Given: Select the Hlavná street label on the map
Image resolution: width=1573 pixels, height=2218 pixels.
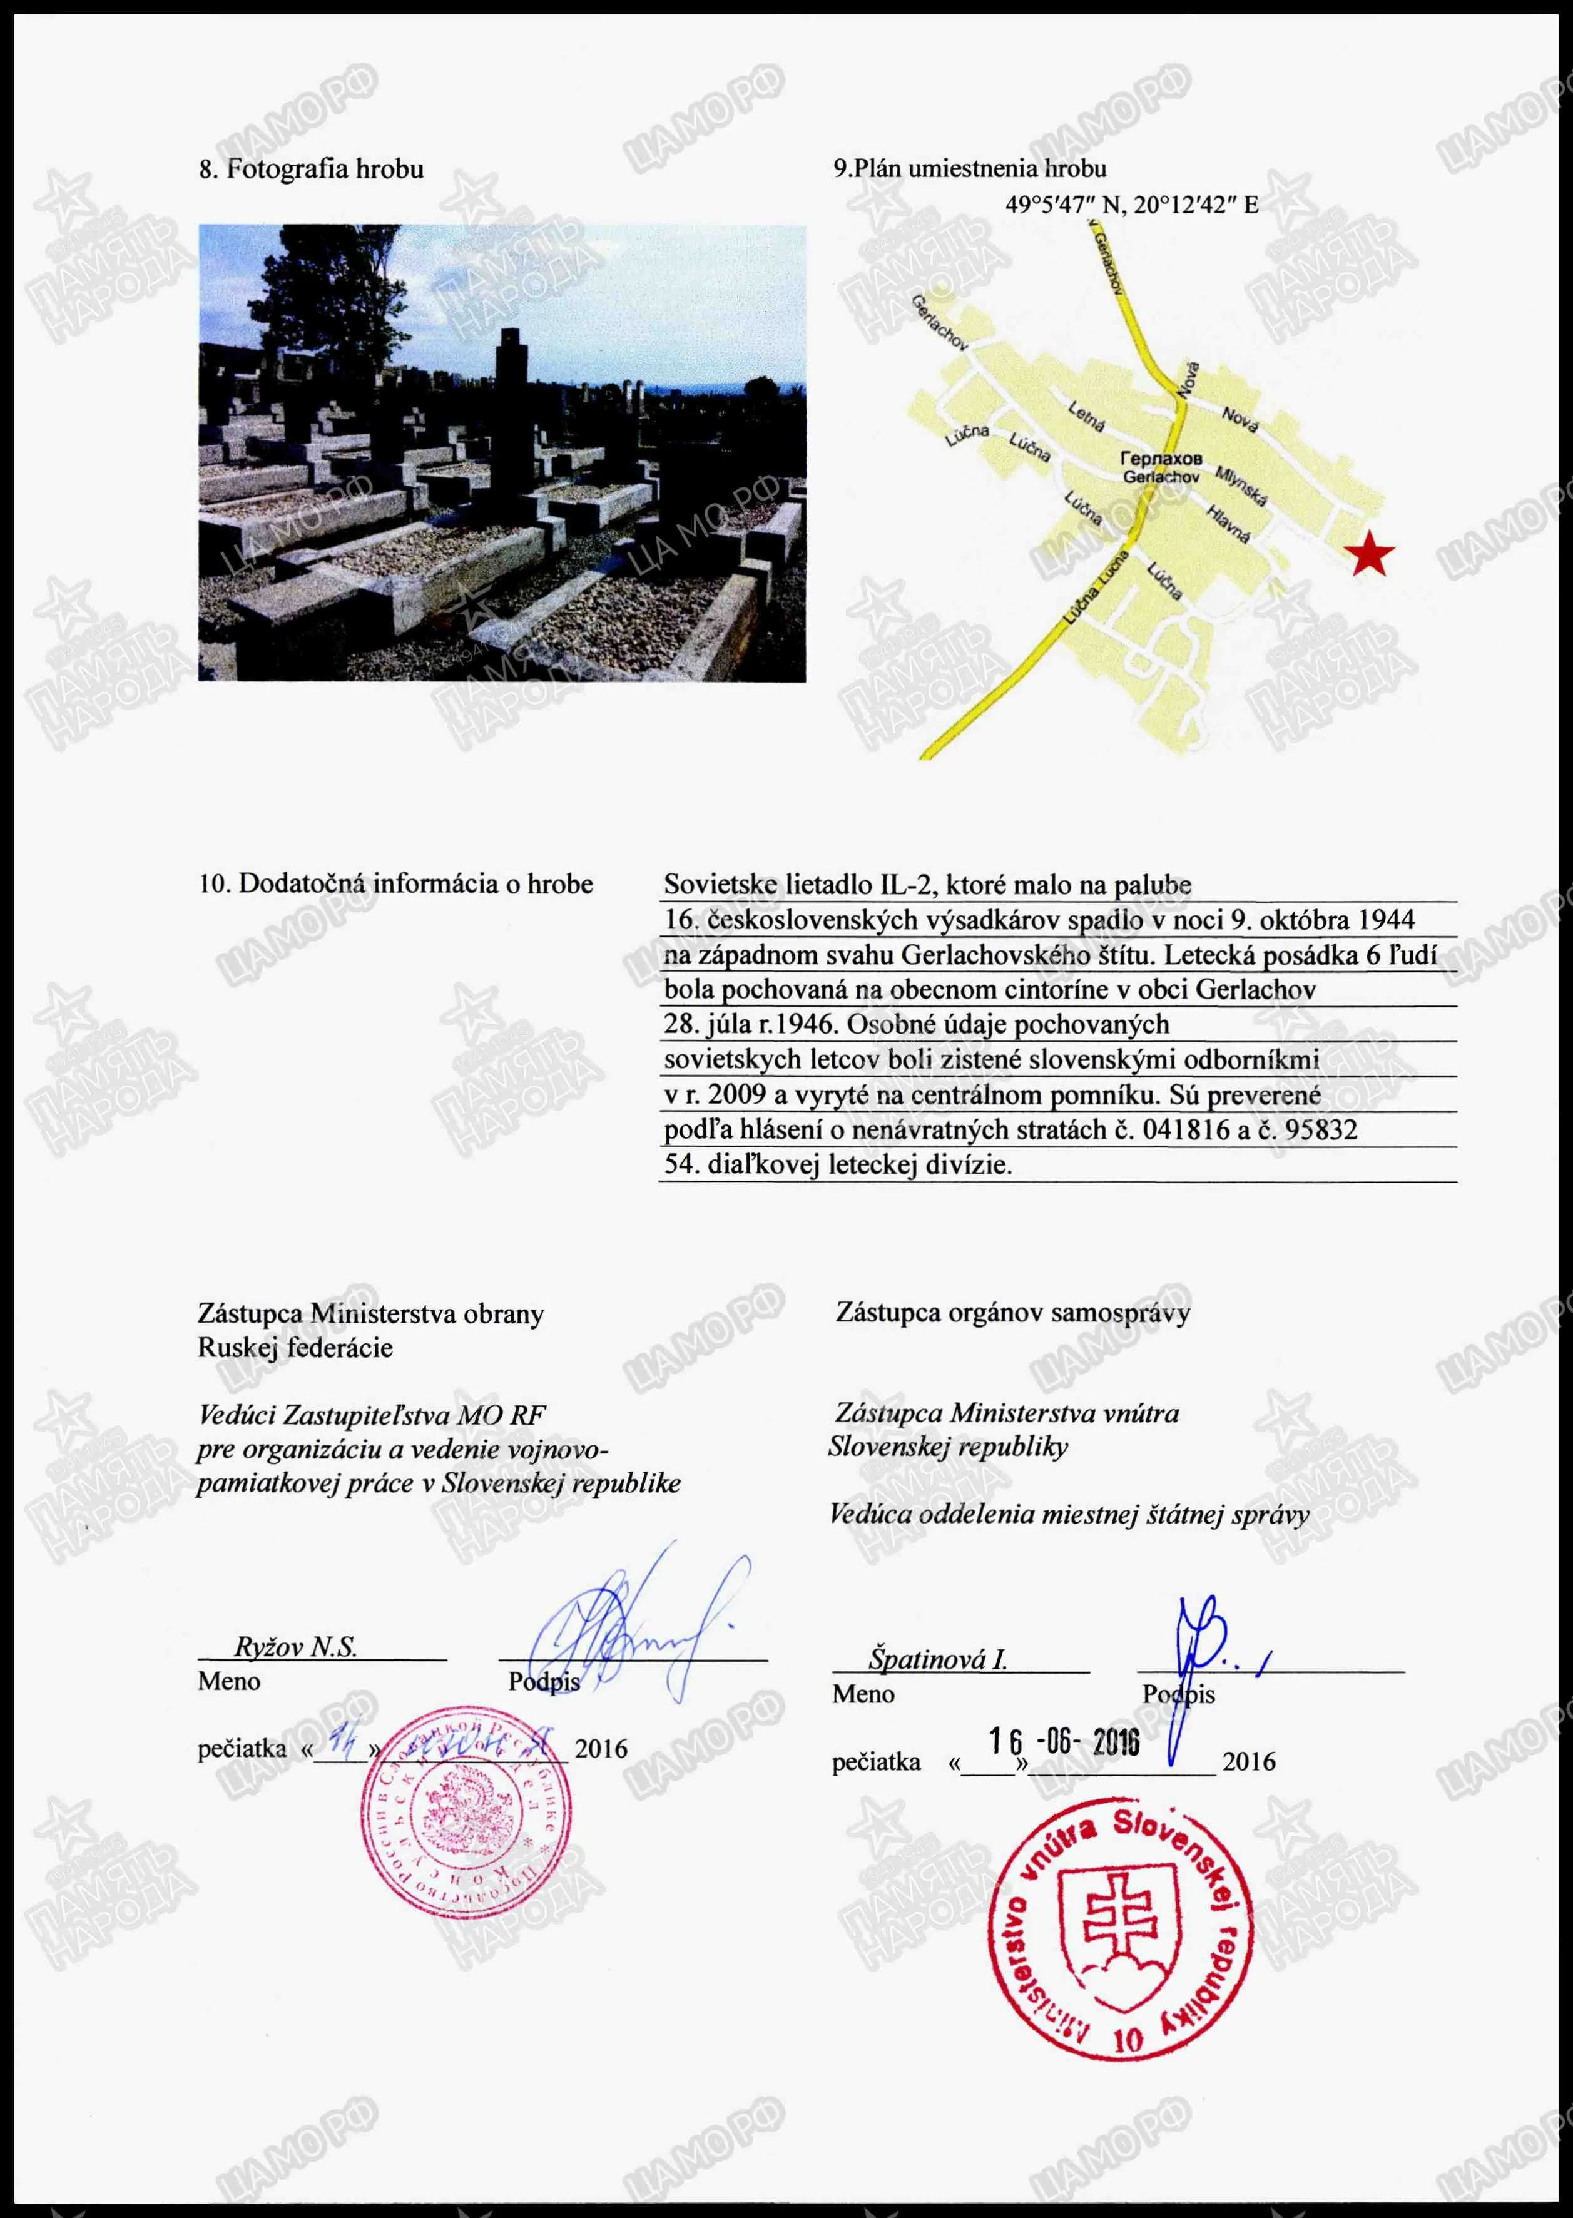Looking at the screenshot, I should pos(1228,524).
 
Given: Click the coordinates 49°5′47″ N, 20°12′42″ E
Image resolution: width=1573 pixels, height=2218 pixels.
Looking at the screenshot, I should pos(1131,205).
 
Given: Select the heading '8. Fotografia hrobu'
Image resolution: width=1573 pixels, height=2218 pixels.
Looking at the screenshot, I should pos(311,170).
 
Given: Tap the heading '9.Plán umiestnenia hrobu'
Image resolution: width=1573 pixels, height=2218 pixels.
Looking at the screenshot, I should pos(970,168).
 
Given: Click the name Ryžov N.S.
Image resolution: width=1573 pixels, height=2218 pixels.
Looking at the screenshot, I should pos(295,1647).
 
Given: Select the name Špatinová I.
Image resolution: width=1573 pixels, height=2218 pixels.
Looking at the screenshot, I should pos(937,1660).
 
